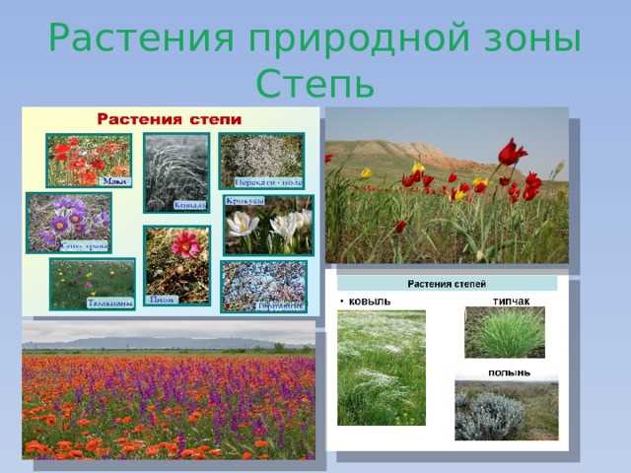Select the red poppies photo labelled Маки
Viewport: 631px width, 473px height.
(89, 160)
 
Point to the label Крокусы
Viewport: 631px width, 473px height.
(244, 200)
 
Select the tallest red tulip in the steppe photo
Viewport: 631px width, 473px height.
(511, 153)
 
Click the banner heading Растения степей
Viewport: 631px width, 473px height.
(451, 284)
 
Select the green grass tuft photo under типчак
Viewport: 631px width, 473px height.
(504, 332)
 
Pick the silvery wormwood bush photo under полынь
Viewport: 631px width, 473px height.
(506, 409)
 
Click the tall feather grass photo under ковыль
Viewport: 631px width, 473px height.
(382, 368)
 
